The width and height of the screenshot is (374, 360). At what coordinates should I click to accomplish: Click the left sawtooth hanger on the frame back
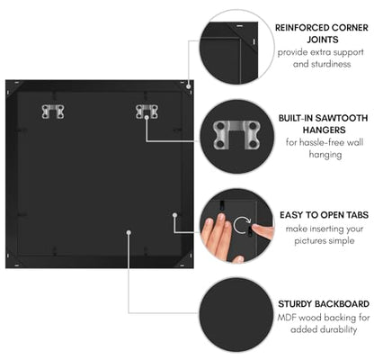53,112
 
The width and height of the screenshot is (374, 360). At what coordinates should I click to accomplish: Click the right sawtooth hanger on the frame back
147,112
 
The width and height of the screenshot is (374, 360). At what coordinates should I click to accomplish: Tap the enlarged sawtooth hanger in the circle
236,135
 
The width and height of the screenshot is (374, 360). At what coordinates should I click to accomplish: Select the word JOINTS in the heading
323,40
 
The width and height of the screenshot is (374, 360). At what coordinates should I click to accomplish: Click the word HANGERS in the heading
324,130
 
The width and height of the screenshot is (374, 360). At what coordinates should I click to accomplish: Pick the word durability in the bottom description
339,329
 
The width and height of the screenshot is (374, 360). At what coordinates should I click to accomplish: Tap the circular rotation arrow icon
242,226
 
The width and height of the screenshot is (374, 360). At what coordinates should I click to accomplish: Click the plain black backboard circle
236,314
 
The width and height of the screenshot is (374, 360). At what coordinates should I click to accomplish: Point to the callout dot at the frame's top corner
188,86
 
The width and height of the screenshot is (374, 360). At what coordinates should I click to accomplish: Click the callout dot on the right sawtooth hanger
147,118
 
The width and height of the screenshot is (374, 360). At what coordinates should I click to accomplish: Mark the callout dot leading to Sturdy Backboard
129,232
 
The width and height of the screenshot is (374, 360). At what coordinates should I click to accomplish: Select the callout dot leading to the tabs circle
175,215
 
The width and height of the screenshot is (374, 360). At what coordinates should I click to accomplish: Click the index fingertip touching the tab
254,228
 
